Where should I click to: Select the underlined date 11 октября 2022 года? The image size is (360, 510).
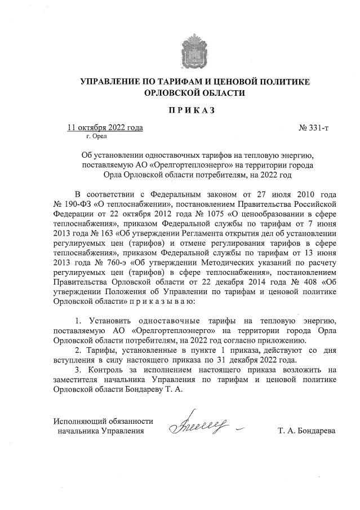[x=105, y=127]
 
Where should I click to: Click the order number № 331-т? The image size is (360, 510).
[x=313, y=127]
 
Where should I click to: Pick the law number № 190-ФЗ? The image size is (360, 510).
[x=72, y=202]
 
